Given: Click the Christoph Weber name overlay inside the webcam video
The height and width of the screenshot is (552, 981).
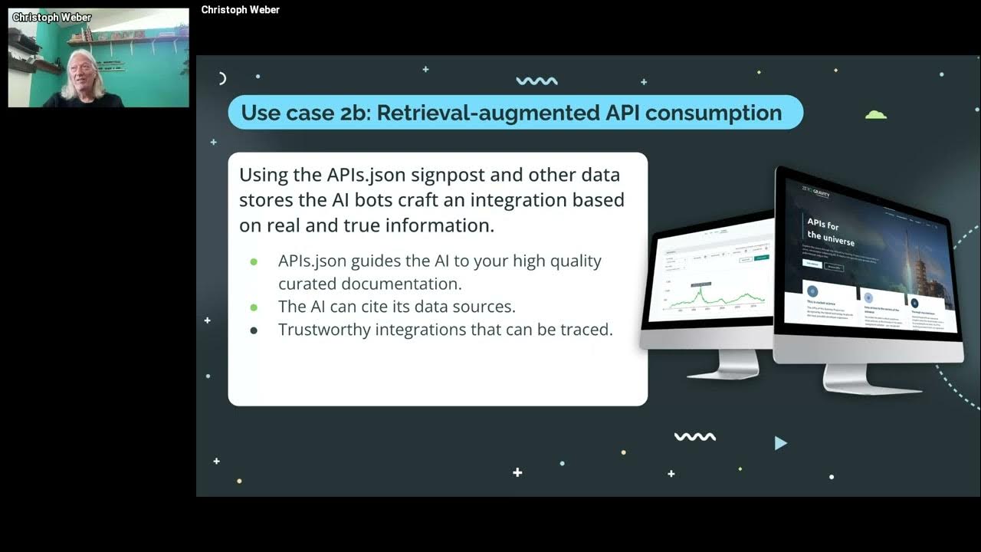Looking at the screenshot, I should pyautogui.click(x=52, y=17).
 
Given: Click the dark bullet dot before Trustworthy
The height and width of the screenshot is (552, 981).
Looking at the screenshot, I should pyautogui.click(x=254, y=330).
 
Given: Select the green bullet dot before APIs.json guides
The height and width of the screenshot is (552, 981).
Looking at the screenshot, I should pyautogui.click(x=254, y=261).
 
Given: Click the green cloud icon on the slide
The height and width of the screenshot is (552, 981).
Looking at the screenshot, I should pyautogui.click(x=875, y=115).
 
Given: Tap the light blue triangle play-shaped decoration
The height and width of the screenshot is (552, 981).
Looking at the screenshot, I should pyautogui.click(x=780, y=442).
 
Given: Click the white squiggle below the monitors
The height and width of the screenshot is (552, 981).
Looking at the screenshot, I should pyautogui.click(x=694, y=437).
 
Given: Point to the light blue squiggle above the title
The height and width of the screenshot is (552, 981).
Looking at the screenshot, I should pyautogui.click(x=536, y=81).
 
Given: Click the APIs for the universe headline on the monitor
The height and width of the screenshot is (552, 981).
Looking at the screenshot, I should pyautogui.click(x=830, y=231).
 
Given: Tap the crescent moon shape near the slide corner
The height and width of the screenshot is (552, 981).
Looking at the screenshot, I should pyautogui.click(x=222, y=77).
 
